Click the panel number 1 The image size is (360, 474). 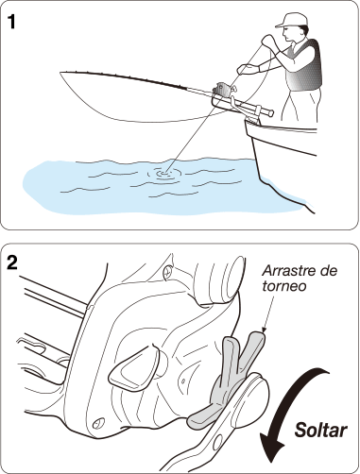tap(11, 22)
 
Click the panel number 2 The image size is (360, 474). tap(12, 262)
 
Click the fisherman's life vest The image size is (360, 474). tap(304, 66)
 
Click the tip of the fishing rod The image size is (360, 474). tap(60, 73)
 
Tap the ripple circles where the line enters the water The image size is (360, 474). tap(164, 173)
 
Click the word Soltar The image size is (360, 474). tap(320, 430)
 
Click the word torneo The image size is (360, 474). tap(284, 286)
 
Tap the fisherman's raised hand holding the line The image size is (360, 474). tap(267, 41)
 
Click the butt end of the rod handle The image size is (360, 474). tap(270, 112)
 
